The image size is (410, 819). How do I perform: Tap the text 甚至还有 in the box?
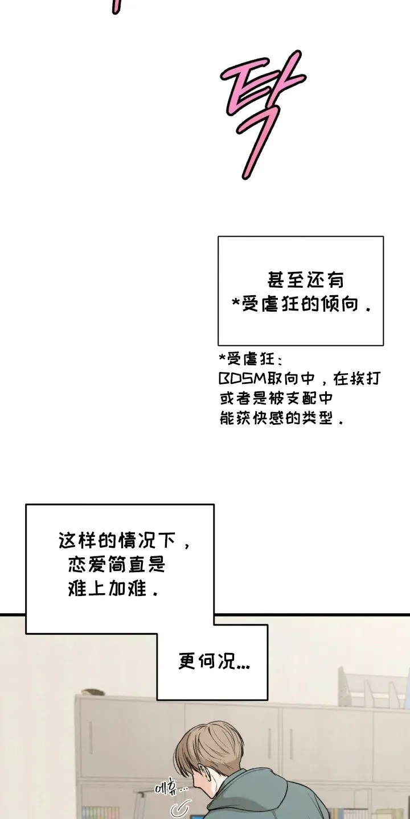click(305, 280)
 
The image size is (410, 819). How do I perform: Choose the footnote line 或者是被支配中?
click(276, 398)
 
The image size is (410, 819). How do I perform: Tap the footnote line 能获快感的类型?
click(281, 418)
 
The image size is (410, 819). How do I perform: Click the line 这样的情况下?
click(124, 540)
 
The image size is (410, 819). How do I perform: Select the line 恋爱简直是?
click(116, 565)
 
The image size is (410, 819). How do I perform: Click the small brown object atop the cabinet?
click(93, 692)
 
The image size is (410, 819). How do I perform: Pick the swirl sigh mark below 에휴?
click(183, 809)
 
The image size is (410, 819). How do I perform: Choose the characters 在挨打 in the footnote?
click(357, 379)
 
